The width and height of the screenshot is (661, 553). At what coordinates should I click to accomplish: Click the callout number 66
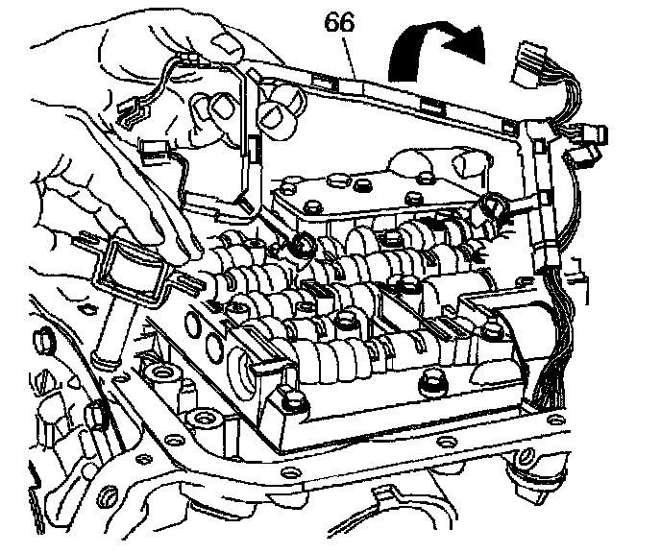[x=340, y=22]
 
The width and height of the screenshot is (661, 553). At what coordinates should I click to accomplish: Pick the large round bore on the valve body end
[x=241, y=370]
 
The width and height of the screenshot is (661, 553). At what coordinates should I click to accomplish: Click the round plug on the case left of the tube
[x=44, y=340]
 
